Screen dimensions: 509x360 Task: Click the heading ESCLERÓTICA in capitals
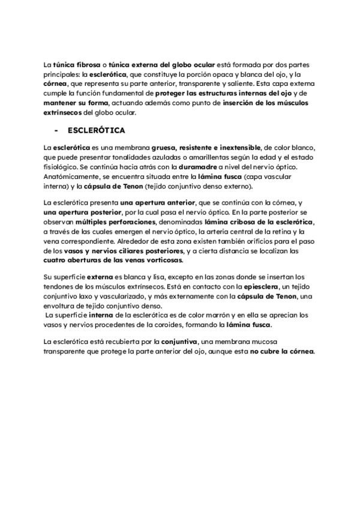pyautogui.click(x=97, y=130)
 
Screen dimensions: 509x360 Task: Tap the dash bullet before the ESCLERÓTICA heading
pyautogui.click(x=56, y=130)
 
